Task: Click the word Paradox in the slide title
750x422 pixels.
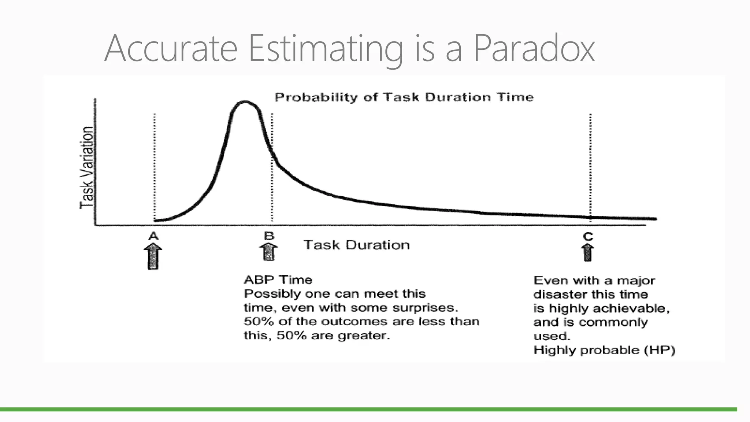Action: [x=534, y=48]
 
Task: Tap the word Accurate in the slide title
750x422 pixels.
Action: [x=171, y=48]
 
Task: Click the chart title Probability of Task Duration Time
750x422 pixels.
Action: [x=404, y=97]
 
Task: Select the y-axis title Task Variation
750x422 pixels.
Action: [x=87, y=168]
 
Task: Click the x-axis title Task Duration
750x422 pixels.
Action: [x=356, y=245]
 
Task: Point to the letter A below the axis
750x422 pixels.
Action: [x=153, y=236]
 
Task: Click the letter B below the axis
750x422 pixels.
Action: [x=269, y=236]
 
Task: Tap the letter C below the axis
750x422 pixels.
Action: [x=588, y=237]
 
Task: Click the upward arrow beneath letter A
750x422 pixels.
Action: [x=153, y=257]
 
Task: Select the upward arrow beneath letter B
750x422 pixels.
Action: [x=268, y=252]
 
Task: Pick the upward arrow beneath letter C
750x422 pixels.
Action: [x=587, y=253]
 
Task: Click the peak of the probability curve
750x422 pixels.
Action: [x=245, y=102]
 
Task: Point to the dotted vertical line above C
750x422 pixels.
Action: [x=590, y=165]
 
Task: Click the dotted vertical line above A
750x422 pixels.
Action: [x=154, y=165]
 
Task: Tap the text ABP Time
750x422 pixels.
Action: [x=278, y=280]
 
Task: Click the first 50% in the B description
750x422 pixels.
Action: [x=259, y=322]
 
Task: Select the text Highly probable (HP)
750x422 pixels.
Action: [x=604, y=350]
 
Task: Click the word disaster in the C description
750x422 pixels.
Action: [x=556, y=294]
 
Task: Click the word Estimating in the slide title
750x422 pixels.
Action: [x=325, y=48]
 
